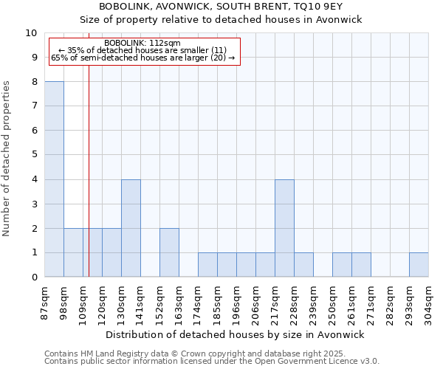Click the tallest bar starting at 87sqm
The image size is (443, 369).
pyautogui.click(x=54, y=179)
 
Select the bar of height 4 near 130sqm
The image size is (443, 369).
pyautogui.click(x=131, y=228)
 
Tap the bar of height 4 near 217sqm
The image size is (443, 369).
pyautogui.click(x=284, y=228)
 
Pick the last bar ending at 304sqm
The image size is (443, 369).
pyautogui.click(x=419, y=265)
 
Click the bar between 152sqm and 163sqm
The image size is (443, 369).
pyautogui.click(x=169, y=252)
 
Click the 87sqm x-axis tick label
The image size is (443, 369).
pyautogui.click(x=45, y=302)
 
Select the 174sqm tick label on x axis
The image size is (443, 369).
pyautogui.click(x=199, y=302)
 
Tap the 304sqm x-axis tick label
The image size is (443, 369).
pyautogui.click(x=429, y=302)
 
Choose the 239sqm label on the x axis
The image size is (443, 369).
pyautogui.click(x=314, y=302)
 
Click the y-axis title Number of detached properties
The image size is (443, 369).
pyautogui.click(x=7, y=159)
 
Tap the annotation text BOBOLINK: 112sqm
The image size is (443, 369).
pyautogui.click(x=142, y=43)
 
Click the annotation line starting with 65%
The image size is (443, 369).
pyautogui.click(x=142, y=58)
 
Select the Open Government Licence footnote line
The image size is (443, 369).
pyautogui.click(x=212, y=362)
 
